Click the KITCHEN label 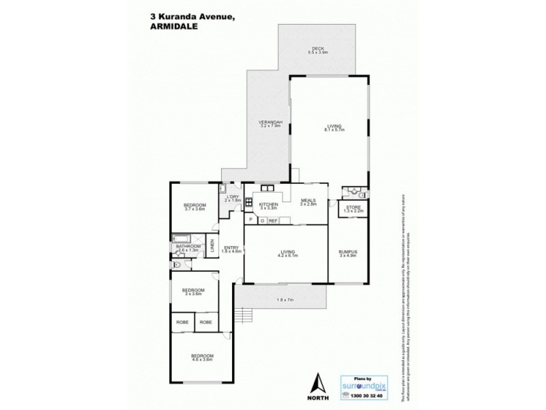(268, 204)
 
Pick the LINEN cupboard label (212, 246)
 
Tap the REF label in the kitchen (272, 221)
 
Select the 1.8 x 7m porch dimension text (285, 301)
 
